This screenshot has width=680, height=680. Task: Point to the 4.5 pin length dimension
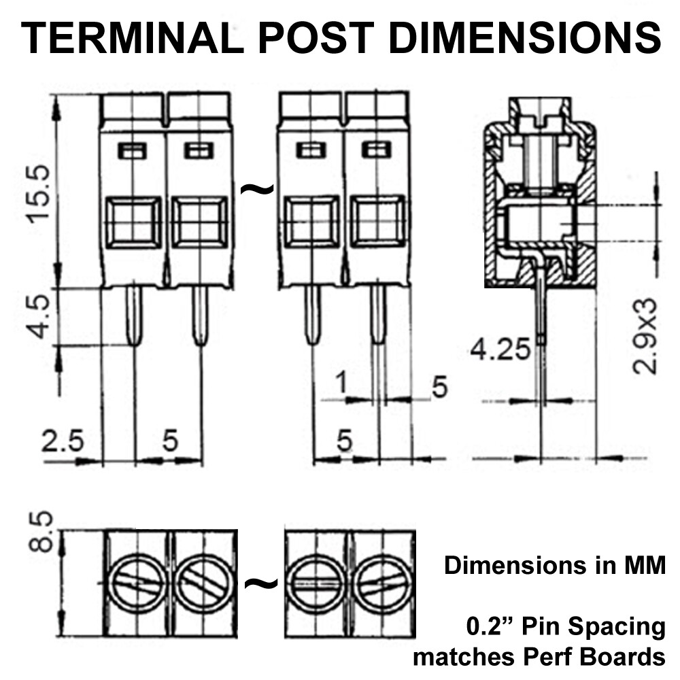[x=39, y=316]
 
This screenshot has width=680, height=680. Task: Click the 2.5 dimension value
[x=63, y=441]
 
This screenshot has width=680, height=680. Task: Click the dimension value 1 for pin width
[x=342, y=385]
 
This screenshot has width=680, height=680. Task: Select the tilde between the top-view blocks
[x=261, y=583]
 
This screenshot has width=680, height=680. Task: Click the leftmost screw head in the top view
[x=138, y=583]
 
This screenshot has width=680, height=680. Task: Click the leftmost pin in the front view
[x=135, y=316]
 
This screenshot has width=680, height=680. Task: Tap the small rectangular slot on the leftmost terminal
[x=133, y=150]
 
